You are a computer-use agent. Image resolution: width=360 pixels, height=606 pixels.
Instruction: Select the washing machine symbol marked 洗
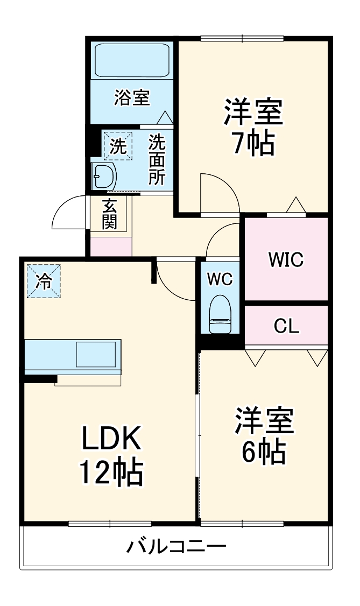pos(117,146)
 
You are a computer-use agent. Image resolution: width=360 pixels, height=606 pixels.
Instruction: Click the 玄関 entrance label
pos(110,214)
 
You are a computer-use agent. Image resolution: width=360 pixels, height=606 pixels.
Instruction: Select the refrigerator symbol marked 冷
pos(44,280)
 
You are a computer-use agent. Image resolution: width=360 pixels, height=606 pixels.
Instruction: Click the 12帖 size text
pos(111,472)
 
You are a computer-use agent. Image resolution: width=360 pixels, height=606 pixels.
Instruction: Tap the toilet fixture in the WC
pos(220,315)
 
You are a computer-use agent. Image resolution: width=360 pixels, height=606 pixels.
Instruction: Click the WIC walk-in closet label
pos(286,259)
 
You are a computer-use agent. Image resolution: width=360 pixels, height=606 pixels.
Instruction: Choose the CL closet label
pos(286,326)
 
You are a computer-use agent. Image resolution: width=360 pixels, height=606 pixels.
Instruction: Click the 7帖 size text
pos(253,143)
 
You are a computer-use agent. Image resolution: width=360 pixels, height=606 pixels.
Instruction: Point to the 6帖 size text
pos(263,453)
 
